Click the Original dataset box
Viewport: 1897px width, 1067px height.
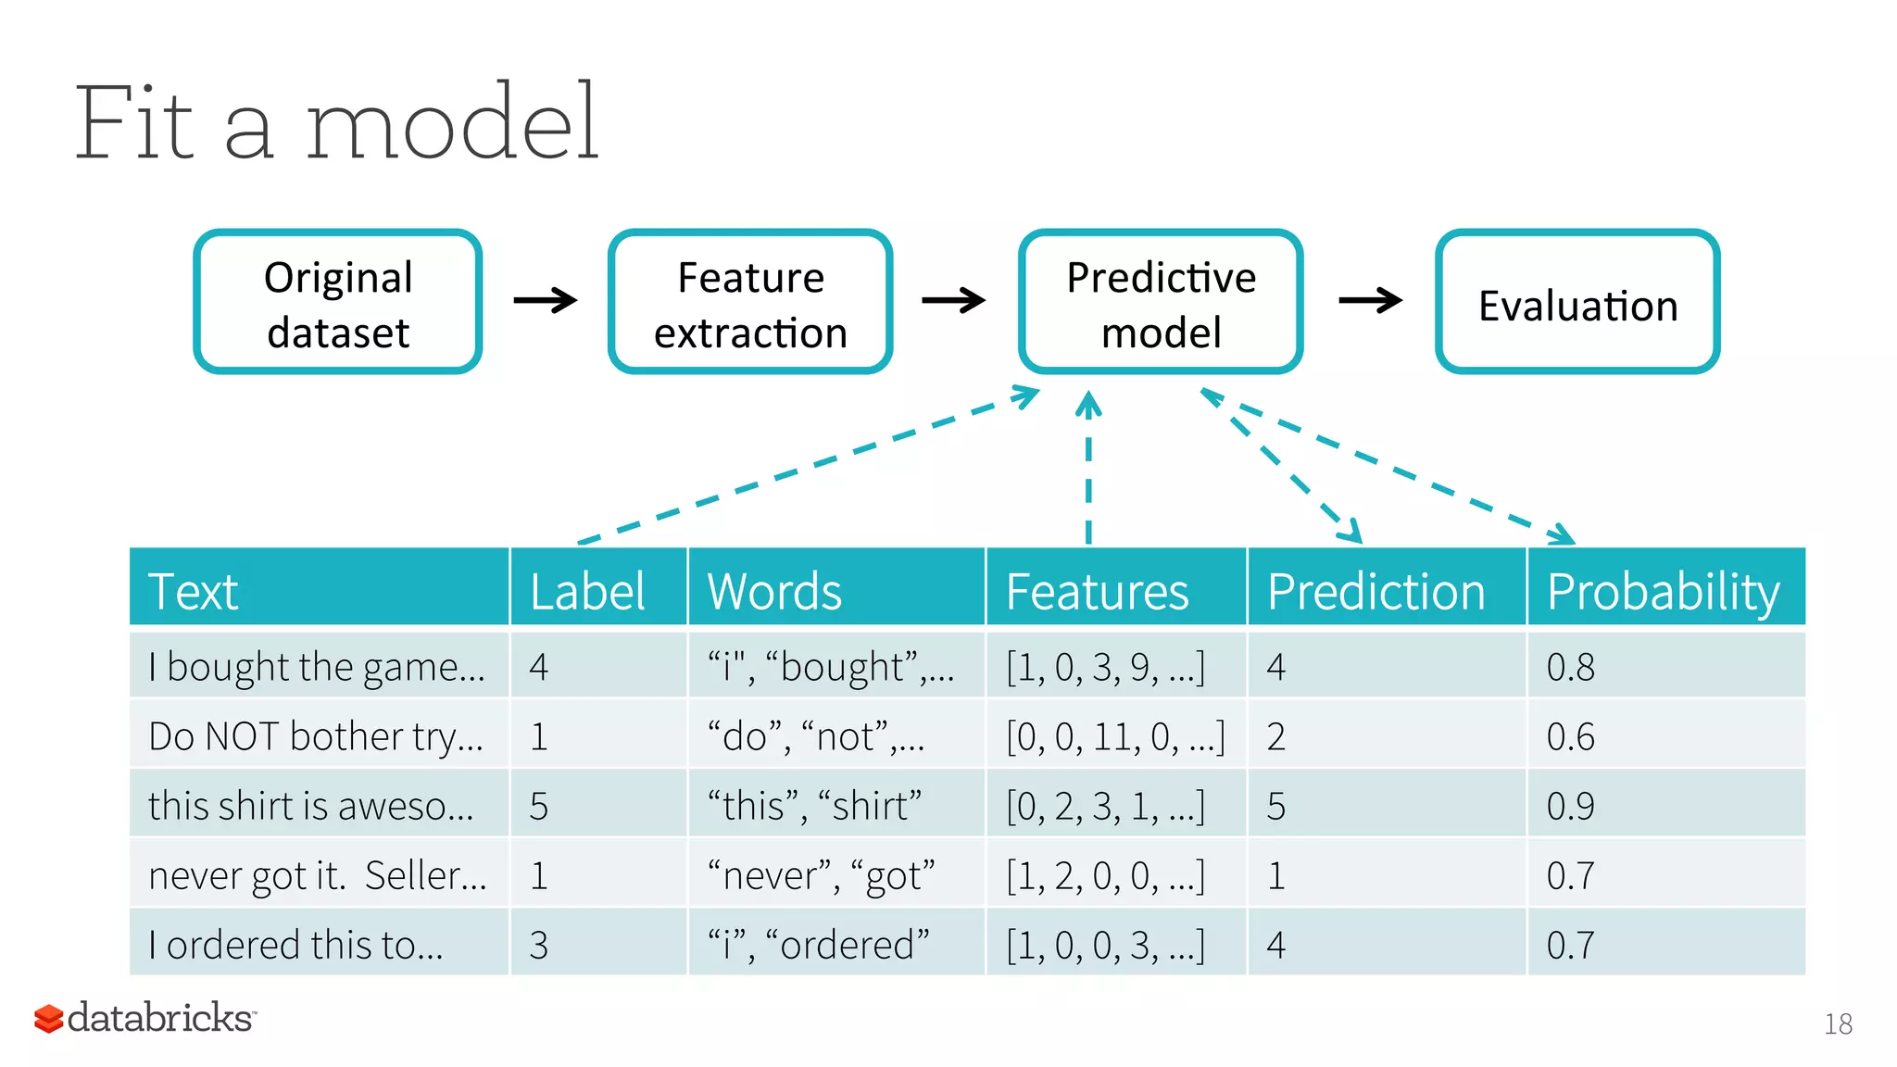pyautogui.click(x=337, y=302)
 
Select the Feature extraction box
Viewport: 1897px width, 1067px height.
pyautogui.click(x=750, y=302)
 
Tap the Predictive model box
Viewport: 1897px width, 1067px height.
pyautogui.click(x=1161, y=302)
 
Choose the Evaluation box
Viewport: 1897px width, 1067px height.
pyautogui.click(x=1577, y=302)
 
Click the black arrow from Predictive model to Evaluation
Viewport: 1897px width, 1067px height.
pyautogui.click(x=1370, y=300)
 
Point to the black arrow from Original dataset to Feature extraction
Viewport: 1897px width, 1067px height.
pyautogui.click(x=545, y=300)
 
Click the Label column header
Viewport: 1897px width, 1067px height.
pyautogui.click(x=587, y=591)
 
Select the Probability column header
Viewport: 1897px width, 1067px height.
pyautogui.click(x=1664, y=591)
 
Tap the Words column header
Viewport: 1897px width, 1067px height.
pyautogui.click(x=774, y=591)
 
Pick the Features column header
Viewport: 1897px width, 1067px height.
pyautogui.click(x=1097, y=591)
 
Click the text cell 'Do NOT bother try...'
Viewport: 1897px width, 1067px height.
pyautogui.click(x=316, y=736)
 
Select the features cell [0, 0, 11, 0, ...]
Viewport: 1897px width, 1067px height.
pyautogui.click(x=1115, y=736)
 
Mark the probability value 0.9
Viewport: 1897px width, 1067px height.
pyautogui.click(x=1571, y=806)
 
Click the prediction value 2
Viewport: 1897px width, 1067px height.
pyautogui.click(x=1276, y=736)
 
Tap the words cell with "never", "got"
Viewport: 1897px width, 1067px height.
pyautogui.click(x=821, y=875)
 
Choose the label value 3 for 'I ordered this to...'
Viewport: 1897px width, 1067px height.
pyautogui.click(x=539, y=945)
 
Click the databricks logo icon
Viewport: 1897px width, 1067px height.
pyautogui.click(x=48, y=1018)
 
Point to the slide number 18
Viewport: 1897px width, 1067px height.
pyautogui.click(x=1838, y=1023)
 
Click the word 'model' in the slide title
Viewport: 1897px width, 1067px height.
pyautogui.click(x=452, y=123)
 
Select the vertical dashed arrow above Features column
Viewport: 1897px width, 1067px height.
pyautogui.click(x=1088, y=468)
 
